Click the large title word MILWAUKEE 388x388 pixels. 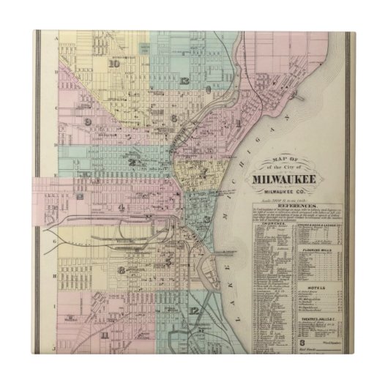(x=295, y=179)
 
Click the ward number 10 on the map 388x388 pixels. (x=113, y=63)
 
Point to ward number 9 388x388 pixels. (x=88, y=122)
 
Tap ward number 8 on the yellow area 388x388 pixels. (x=121, y=269)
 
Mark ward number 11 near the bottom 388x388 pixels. (x=106, y=335)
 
